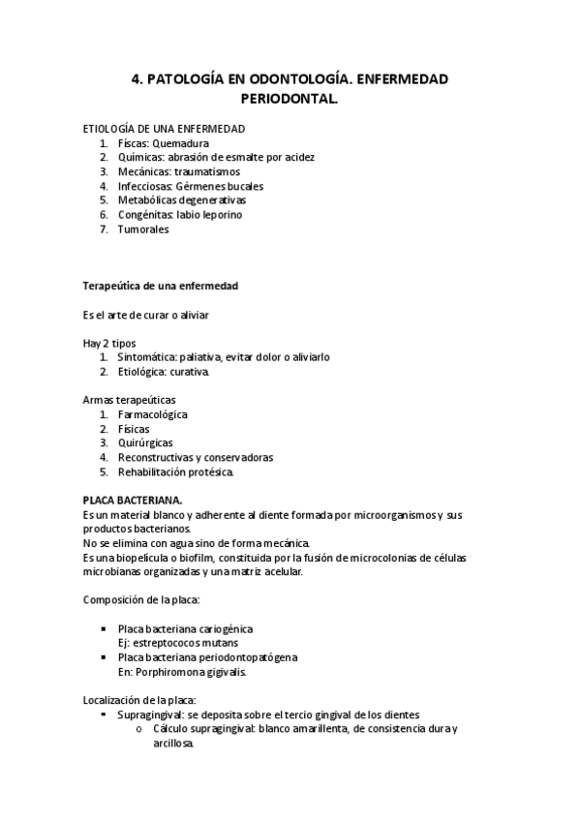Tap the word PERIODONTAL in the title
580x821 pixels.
[x=290, y=99]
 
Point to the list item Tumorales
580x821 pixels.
[x=143, y=229]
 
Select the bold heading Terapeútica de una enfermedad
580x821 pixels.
[x=161, y=287]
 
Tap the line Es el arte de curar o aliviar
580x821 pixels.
[x=146, y=315]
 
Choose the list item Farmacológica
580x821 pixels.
[x=153, y=414]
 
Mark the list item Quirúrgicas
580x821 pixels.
[x=146, y=442]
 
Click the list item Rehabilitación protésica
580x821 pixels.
[x=175, y=471]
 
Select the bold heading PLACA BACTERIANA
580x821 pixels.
[x=133, y=500]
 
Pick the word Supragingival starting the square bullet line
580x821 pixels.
[x=150, y=715]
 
